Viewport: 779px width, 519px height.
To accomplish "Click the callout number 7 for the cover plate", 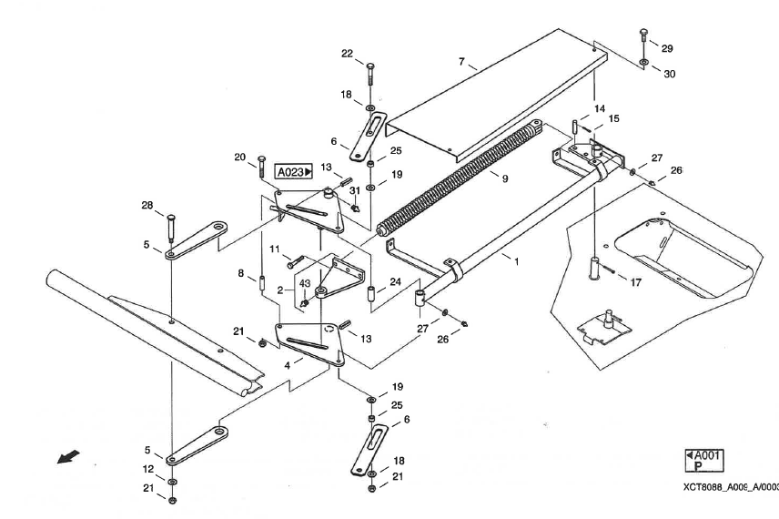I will pyautogui.click(x=461, y=63).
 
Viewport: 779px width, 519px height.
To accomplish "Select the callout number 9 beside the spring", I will pyautogui.click(x=505, y=178).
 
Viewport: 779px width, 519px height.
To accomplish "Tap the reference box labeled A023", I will pyautogui.click(x=294, y=170).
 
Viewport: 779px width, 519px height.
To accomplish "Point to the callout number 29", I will pyautogui.click(x=667, y=47).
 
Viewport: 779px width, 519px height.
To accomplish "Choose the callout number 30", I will pyautogui.click(x=669, y=73).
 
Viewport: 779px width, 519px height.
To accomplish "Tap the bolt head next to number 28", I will pyautogui.click(x=170, y=215).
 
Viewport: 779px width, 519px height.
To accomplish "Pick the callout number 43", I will pyautogui.click(x=305, y=283).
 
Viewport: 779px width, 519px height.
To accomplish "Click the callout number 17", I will pyautogui.click(x=635, y=282).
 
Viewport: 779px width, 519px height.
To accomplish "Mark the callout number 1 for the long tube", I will pyautogui.click(x=516, y=261).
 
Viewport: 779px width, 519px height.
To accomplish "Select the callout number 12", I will pyautogui.click(x=148, y=469).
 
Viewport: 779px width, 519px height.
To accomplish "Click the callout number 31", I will pyautogui.click(x=354, y=190).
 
